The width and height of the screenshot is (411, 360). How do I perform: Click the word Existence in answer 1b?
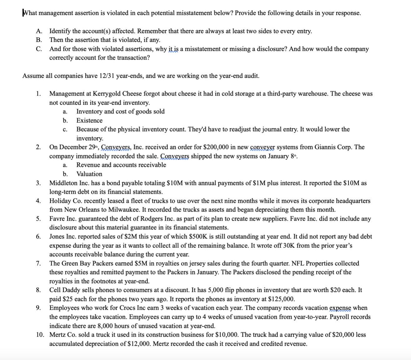(x=89, y=121)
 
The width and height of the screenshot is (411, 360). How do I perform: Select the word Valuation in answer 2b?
(x=89, y=174)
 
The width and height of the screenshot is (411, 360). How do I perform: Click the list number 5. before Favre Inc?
(x=38, y=219)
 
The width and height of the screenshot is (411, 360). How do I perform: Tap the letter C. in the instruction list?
(x=39, y=49)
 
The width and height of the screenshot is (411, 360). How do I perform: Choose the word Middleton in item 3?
(x=63, y=183)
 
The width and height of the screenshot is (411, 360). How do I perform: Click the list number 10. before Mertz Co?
(x=40, y=335)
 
